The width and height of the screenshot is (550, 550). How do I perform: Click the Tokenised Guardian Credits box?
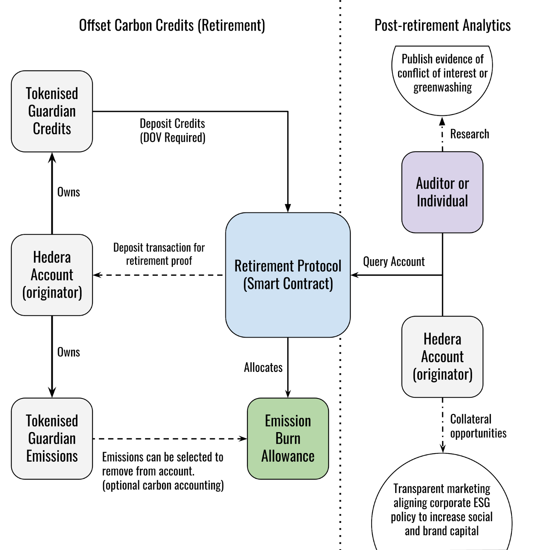click(52, 111)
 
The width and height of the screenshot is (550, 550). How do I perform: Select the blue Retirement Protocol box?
click(288, 275)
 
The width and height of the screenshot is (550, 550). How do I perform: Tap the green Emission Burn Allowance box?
click(288, 438)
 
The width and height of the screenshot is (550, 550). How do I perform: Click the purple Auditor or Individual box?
click(442, 192)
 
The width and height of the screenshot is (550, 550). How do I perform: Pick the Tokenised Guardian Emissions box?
click(52, 438)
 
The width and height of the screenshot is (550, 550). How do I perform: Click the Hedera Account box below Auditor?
click(442, 356)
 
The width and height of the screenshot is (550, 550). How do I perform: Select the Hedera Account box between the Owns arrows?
click(52, 275)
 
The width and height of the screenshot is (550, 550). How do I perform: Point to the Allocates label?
click(263, 367)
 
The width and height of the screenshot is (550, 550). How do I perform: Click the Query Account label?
click(394, 262)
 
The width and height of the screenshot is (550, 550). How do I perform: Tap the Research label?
click(469, 134)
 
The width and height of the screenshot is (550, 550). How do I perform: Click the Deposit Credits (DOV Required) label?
click(173, 130)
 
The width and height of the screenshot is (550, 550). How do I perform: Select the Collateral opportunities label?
click(478, 426)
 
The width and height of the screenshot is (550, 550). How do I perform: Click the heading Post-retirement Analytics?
click(442, 25)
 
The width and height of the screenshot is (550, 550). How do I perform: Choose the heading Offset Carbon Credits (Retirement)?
click(172, 25)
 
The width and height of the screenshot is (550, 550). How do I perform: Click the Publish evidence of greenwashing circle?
click(442, 73)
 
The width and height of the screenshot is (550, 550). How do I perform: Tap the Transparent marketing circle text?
click(442, 509)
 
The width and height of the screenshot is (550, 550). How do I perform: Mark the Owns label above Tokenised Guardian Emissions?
click(68, 352)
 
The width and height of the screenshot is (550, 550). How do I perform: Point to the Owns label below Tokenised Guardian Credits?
click(68, 192)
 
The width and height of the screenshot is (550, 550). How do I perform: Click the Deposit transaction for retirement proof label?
click(159, 254)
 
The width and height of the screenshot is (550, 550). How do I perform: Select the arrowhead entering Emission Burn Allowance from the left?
click(244, 439)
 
